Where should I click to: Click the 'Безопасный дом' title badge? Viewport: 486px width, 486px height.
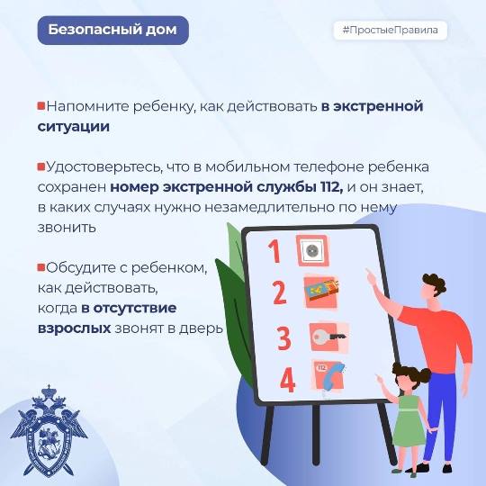112,30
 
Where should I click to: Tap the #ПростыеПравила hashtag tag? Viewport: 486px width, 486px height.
391,31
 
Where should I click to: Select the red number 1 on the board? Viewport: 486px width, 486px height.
274,251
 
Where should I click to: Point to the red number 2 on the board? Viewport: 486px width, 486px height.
280,292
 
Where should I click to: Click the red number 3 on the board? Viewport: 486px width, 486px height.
283,338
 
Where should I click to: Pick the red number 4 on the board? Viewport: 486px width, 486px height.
287,380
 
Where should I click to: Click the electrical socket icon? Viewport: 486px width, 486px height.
312,250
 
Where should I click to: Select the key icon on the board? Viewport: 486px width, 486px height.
328,337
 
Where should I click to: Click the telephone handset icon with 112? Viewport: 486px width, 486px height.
328,375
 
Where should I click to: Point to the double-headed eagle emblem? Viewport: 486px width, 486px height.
49,431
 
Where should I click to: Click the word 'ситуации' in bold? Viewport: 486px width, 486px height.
74,127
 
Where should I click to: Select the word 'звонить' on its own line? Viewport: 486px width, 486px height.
67,228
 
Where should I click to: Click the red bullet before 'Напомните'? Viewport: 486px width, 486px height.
41,105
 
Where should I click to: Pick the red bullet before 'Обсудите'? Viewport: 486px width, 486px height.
41,267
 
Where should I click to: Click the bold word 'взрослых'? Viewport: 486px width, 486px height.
74,328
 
